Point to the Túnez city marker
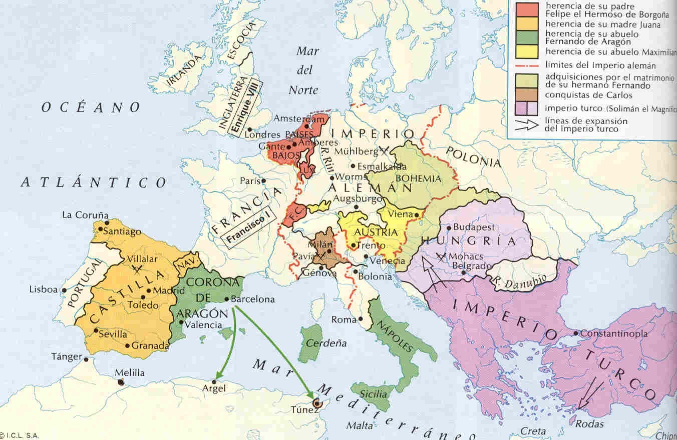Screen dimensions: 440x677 (316, 402)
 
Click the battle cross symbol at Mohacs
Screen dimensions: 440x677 (441, 257)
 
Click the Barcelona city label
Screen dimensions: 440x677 (253, 299)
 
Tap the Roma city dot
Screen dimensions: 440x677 (360, 319)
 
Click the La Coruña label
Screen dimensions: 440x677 (85, 215)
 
